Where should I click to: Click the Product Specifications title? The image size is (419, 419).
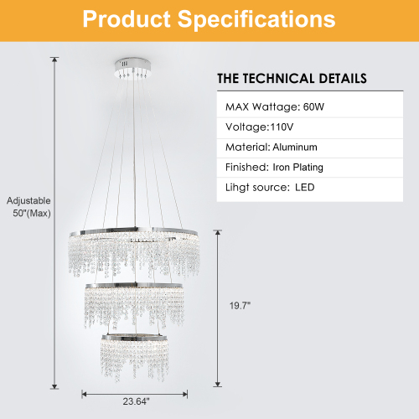[x=209, y=20]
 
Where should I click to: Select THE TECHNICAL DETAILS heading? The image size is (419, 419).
[x=292, y=78]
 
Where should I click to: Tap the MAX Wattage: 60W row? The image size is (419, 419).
[x=273, y=107]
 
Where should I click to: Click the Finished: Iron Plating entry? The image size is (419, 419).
[x=274, y=168]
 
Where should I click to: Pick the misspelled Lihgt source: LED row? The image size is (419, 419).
[x=269, y=188]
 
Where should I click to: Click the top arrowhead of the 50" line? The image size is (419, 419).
[x=54, y=59]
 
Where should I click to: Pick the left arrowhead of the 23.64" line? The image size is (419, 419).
[x=84, y=392]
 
